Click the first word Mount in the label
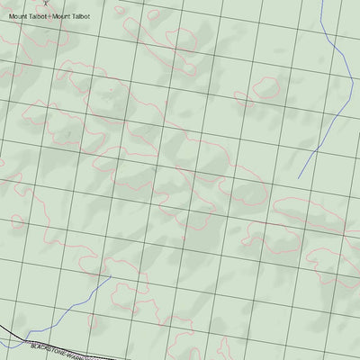point(18,16)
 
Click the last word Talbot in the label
point(82,16)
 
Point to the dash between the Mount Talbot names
point(50,16)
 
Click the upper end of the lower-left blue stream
point(111,277)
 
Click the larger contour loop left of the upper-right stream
point(266,87)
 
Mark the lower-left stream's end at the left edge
point(1,346)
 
